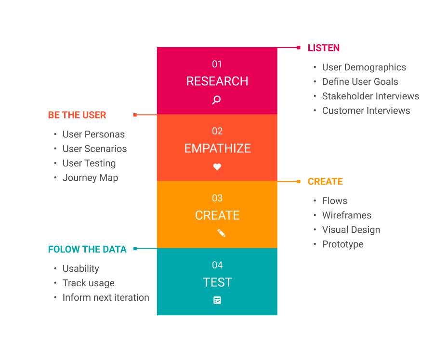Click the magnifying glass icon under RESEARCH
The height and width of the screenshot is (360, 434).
coord(217,100)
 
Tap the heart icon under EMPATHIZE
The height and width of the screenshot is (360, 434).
coord(217,167)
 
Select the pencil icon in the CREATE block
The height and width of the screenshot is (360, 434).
coord(221,233)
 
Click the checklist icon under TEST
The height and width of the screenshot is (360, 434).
coord(217,300)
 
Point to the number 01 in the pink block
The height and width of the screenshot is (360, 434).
coord(217,64)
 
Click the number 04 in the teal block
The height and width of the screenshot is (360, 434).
coord(217,265)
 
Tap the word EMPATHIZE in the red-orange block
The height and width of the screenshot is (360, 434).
coord(217,148)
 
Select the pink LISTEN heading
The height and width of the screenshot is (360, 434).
coord(324,48)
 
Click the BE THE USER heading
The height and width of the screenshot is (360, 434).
coord(77,115)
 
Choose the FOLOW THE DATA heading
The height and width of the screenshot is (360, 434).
coord(87,249)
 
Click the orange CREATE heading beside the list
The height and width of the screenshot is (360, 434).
coord(325,182)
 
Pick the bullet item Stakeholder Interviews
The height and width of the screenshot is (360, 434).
coord(370,96)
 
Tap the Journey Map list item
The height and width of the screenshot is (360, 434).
coord(90,178)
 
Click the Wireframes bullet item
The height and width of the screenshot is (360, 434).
coord(346,215)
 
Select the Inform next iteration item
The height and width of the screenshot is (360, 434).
coord(105,297)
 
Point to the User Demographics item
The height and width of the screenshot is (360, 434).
coord(364,67)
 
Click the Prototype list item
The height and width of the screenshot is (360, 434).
coord(342,244)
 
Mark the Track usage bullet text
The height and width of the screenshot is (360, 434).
coord(88,283)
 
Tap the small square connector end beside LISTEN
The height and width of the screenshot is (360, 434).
coord(299,48)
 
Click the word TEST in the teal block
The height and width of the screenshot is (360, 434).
coord(217,282)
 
